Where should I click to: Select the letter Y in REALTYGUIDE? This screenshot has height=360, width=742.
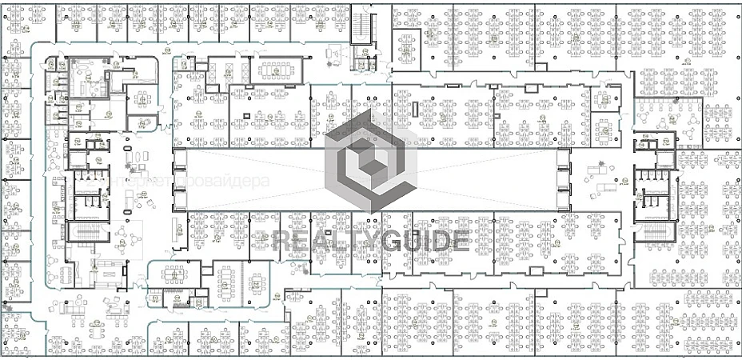[368, 241]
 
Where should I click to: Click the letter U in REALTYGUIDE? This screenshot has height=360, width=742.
[411, 241]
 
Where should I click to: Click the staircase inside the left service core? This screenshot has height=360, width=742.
[82, 232]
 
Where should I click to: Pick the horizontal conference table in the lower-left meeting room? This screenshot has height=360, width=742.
[174, 274]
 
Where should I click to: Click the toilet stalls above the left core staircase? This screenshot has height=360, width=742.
[86, 188]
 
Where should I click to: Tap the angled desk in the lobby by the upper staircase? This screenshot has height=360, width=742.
[338, 55]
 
